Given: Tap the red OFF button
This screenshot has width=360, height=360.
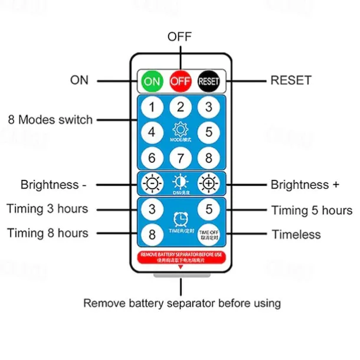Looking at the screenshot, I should (181, 80).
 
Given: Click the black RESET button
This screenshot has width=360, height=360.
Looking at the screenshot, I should (209, 80).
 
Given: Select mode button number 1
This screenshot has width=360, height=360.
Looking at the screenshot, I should (152, 107).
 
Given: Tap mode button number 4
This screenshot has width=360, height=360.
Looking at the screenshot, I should (152, 132).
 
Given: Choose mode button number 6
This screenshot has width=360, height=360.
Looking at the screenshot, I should (152, 158).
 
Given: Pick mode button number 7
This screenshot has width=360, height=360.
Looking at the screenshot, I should (181, 158).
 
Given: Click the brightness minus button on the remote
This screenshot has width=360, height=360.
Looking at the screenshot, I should (152, 184).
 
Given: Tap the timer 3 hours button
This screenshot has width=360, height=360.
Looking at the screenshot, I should (152, 209).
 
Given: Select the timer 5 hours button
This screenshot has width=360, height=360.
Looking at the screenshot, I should (209, 209).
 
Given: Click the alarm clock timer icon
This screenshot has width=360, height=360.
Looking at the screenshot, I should (181, 220).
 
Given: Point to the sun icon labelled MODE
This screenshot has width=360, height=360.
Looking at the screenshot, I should (181, 130).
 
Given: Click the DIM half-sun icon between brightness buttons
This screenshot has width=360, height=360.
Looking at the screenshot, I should (181, 182).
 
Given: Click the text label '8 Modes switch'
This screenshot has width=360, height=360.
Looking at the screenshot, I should (50, 120).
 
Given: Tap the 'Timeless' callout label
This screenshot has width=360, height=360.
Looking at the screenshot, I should (296, 234).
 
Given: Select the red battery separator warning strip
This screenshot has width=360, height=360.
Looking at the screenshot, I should (181, 257).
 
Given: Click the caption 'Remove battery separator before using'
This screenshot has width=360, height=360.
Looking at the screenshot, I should (182, 303).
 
